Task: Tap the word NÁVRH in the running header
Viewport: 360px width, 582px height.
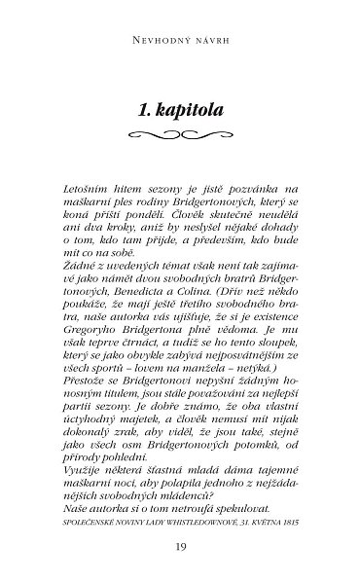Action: [x=208, y=43]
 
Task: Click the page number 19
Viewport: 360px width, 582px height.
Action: [x=180, y=545]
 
